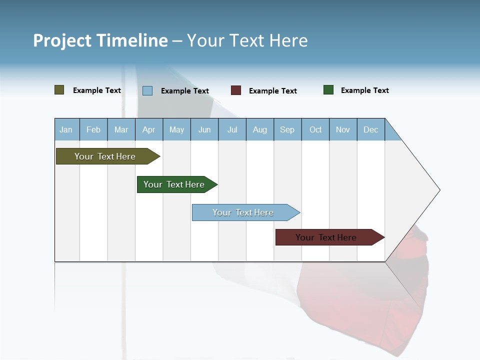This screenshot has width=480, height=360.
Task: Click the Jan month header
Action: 66,129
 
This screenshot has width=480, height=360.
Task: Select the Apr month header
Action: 149,129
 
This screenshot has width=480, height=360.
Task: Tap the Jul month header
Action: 232,129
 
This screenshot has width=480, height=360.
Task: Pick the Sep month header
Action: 287,129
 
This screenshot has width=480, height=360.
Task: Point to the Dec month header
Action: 370,129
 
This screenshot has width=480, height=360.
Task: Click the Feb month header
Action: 93,129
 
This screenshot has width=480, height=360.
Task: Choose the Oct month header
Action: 315,129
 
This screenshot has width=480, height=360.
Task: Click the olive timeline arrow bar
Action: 105,156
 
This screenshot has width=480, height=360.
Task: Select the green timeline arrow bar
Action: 174,184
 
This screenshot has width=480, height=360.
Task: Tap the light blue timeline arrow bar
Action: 243,212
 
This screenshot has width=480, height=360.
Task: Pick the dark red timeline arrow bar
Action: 326,237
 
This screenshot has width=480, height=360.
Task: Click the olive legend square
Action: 59,90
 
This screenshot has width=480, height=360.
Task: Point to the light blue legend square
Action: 147,90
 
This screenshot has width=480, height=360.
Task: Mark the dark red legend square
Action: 236,90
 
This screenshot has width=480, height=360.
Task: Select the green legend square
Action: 328,90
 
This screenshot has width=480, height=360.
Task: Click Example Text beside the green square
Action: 364,90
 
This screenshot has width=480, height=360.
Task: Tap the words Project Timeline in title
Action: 100,40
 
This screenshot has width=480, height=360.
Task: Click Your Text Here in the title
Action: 247,40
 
